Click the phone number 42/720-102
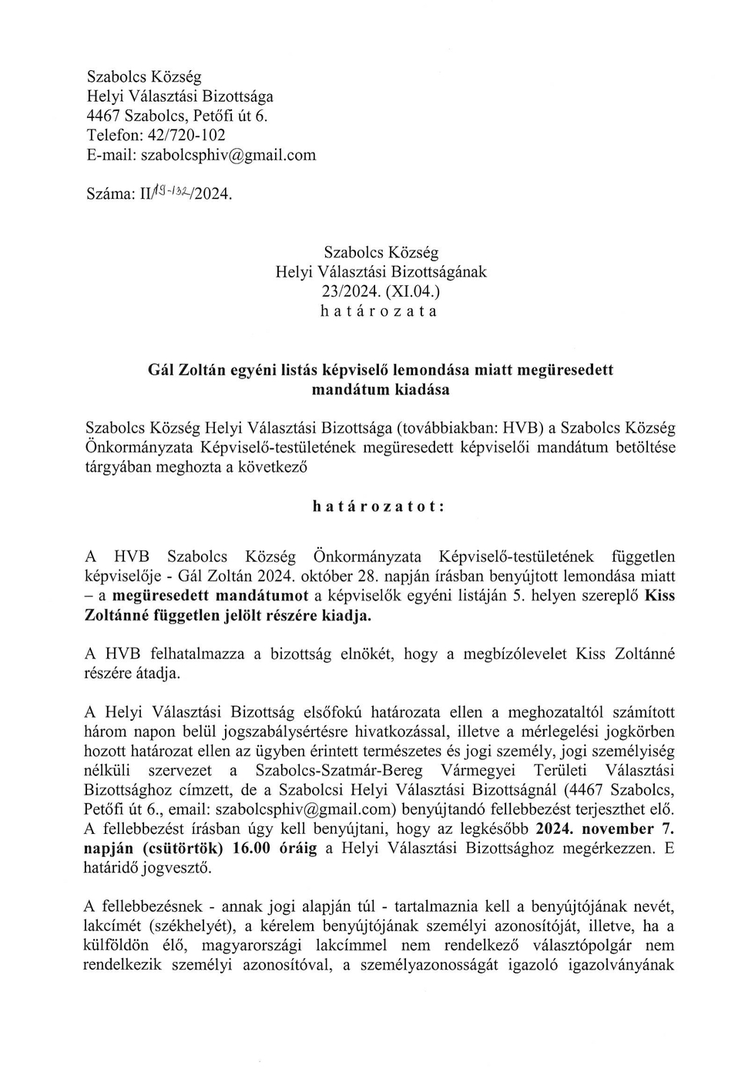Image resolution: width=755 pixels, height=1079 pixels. [186, 135]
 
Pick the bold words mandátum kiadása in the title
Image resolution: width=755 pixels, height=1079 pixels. [381, 389]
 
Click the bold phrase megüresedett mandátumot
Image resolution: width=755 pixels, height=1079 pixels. [210, 596]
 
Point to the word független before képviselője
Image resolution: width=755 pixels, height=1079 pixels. [643, 556]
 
